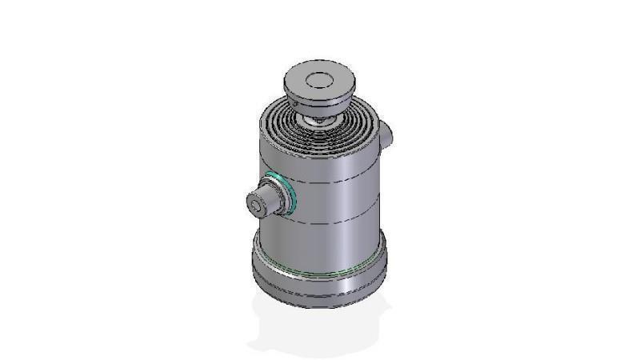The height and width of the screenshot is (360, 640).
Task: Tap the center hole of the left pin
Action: point(254,206)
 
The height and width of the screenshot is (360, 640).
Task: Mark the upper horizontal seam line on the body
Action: point(336,182)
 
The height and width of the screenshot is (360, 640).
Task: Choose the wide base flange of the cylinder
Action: point(320,264)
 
